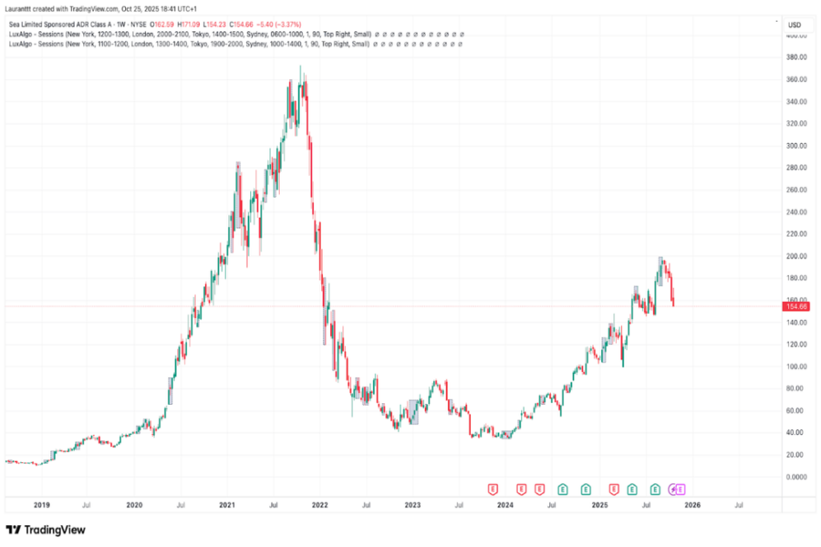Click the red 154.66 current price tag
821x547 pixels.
click(x=795, y=307)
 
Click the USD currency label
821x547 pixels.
click(x=795, y=24)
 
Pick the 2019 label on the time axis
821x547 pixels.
click(x=41, y=504)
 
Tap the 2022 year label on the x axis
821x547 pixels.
click(x=320, y=504)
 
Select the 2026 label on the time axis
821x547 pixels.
click(x=692, y=504)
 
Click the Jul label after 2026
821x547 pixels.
click(x=738, y=504)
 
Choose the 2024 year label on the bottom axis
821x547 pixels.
click(x=506, y=504)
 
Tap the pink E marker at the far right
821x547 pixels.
click(x=681, y=490)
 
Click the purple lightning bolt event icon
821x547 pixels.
click(x=673, y=490)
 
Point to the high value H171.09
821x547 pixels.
click(x=189, y=25)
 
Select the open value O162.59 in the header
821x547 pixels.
click(x=161, y=25)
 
